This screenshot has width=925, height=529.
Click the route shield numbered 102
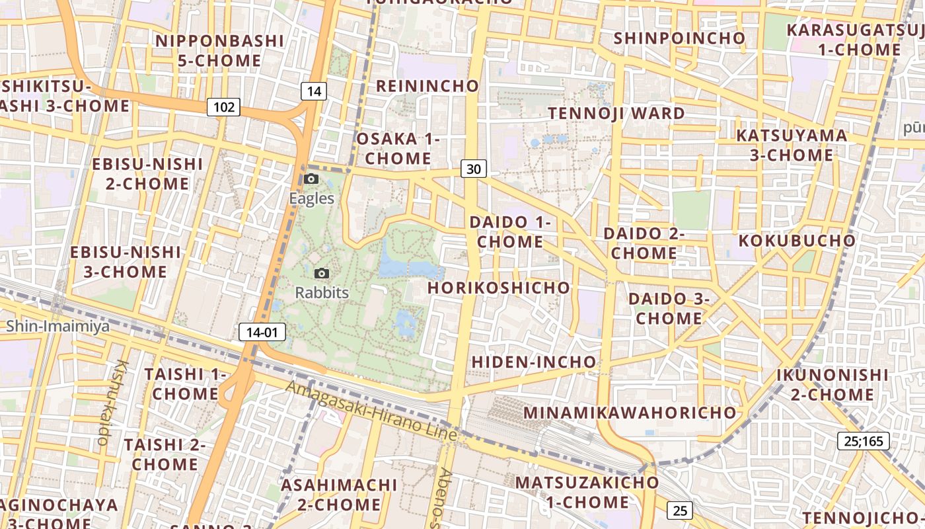point(224,106)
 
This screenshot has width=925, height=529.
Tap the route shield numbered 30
point(473,169)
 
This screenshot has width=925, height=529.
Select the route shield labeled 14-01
point(258,332)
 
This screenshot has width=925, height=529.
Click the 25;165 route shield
point(864,440)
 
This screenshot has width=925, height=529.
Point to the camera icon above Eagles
point(311,179)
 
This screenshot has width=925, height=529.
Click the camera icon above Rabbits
point(322,273)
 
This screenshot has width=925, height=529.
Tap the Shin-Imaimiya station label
point(58,326)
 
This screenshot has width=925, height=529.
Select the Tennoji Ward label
point(616,113)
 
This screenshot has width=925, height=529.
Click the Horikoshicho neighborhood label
point(498,288)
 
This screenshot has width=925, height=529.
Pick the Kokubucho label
point(797,240)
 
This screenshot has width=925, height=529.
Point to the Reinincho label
point(427,86)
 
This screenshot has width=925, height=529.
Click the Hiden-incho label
point(534,362)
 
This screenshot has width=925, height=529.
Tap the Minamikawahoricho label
point(630,412)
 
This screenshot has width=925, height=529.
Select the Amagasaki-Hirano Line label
point(371,411)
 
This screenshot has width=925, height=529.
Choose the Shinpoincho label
point(679,38)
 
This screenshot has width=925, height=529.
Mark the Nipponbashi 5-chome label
point(220,51)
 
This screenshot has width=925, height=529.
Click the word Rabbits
point(322,292)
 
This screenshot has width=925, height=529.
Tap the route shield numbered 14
point(314,91)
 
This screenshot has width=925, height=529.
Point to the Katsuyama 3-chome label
point(792,145)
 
